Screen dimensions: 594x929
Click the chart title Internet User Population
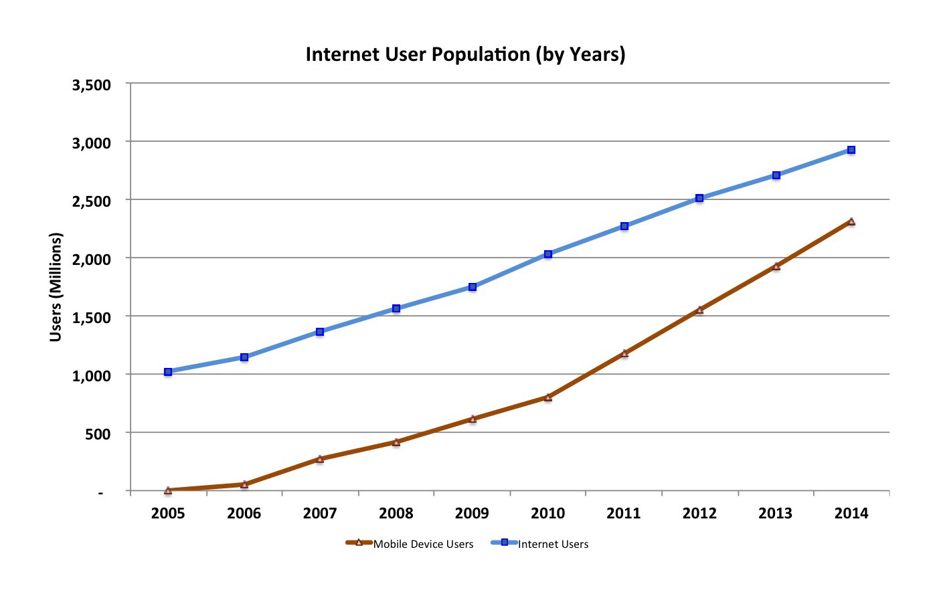tap(465, 54)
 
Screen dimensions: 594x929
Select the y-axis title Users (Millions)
tap(56, 287)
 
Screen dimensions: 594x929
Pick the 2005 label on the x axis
tap(168, 514)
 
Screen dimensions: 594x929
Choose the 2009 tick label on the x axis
tap(472, 514)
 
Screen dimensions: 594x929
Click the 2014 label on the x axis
tap(851, 514)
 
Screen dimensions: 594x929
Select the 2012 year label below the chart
tap(699, 514)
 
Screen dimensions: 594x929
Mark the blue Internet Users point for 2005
tap(168, 372)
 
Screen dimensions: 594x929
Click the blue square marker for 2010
tap(548, 254)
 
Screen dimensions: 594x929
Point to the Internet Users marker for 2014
tap(851, 150)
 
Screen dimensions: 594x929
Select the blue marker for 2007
tap(320, 332)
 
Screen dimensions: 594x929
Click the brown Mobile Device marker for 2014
tap(851, 221)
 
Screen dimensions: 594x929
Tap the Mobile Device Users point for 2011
tap(624, 353)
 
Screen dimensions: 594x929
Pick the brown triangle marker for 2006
tap(244, 484)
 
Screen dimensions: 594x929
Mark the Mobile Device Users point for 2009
tap(473, 419)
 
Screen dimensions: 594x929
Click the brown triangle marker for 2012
tap(699, 310)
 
